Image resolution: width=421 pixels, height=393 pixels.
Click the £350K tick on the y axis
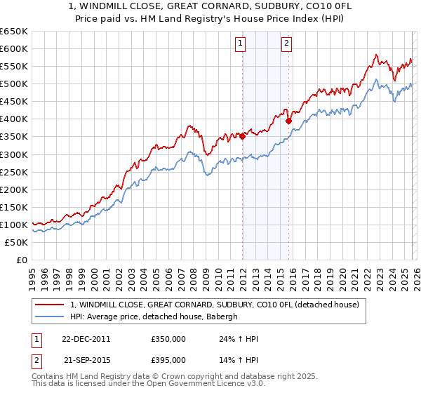pos(14,137)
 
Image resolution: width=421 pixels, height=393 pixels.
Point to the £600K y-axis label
pos(14,48)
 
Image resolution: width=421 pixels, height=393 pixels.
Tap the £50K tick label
pos(16,242)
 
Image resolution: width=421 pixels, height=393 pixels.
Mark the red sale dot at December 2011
pos(243,136)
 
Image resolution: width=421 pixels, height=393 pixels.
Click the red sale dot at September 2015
pos(289,120)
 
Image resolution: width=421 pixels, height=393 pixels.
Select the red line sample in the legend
pos(49,305)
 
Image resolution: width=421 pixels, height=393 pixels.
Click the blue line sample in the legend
pos(49,316)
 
